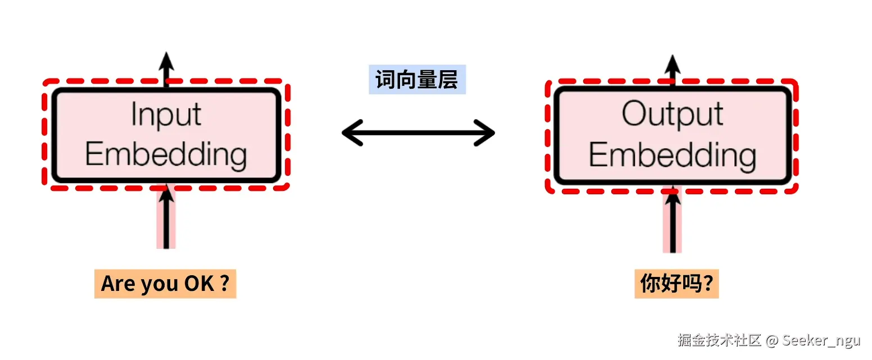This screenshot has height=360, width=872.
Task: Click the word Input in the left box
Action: tap(166, 116)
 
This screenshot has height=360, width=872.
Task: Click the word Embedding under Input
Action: tap(166, 154)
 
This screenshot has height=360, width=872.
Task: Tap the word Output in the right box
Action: tap(673, 115)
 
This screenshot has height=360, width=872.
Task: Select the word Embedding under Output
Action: tap(673, 154)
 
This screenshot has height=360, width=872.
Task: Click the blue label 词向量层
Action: tap(417, 79)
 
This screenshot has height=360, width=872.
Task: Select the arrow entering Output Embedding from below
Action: tap(672, 221)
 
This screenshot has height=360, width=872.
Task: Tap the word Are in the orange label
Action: tap(116, 284)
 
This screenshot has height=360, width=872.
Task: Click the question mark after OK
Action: tap(224, 284)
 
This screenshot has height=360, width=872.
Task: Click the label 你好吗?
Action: tap(676, 284)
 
